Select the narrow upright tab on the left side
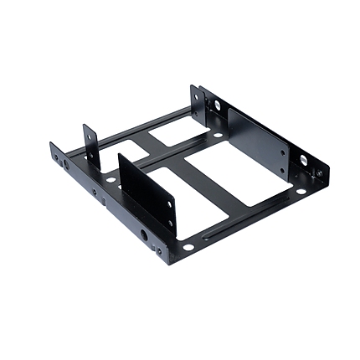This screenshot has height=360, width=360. click(x=88, y=144)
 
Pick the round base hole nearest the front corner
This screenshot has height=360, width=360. click(x=188, y=247)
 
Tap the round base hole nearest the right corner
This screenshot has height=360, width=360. click(x=301, y=192)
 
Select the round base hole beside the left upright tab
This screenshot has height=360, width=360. click(x=111, y=180)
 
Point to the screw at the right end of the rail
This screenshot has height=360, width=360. click(x=319, y=176)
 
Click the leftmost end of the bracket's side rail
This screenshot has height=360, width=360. click(x=52, y=151)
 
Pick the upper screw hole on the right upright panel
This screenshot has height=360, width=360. click(x=283, y=152)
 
